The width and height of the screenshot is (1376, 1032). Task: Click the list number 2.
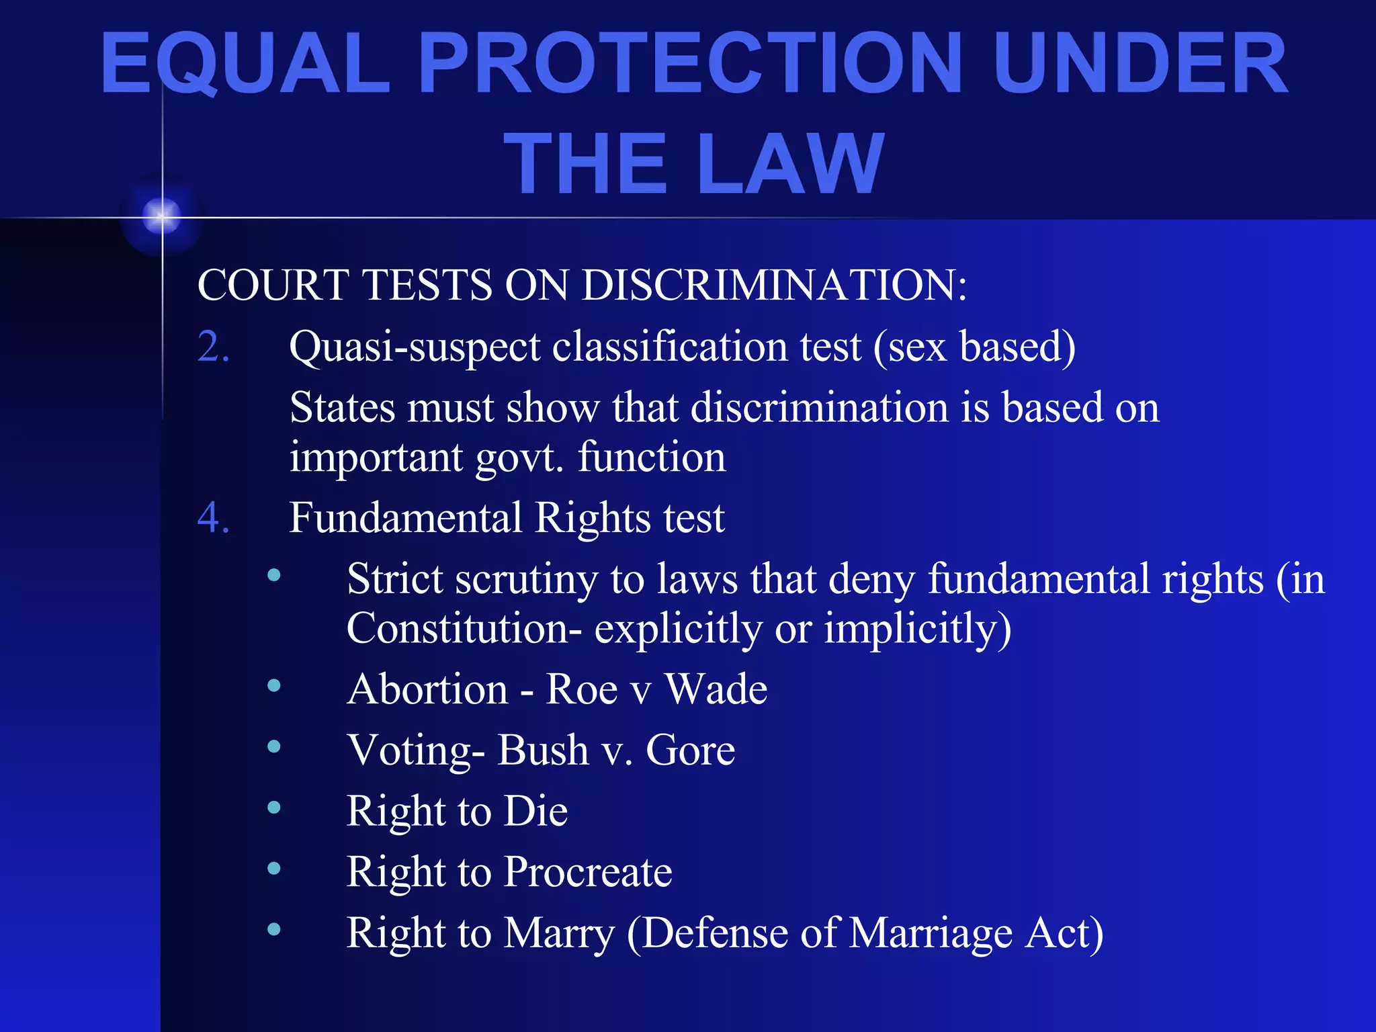pyautogui.click(x=213, y=347)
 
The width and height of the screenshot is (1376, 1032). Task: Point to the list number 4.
pyautogui.click(x=213, y=518)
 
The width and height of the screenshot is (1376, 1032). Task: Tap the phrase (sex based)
pyautogui.click(x=974, y=347)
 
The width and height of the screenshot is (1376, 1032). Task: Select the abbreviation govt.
pyautogui.click(x=519, y=458)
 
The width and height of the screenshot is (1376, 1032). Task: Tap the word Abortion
pyautogui.click(x=427, y=689)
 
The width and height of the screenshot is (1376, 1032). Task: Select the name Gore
pyautogui.click(x=690, y=750)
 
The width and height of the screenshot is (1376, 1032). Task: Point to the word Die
pyautogui.click(x=535, y=811)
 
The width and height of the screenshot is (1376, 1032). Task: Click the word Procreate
pyautogui.click(x=588, y=872)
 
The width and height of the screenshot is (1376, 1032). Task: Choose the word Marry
pyautogui.click(x=559, y=933)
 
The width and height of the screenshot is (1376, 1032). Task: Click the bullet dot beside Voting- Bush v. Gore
pyautogui.click(x=273, y=746)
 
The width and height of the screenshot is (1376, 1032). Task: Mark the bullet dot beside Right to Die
pyautogui.click(x=273, y=808)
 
